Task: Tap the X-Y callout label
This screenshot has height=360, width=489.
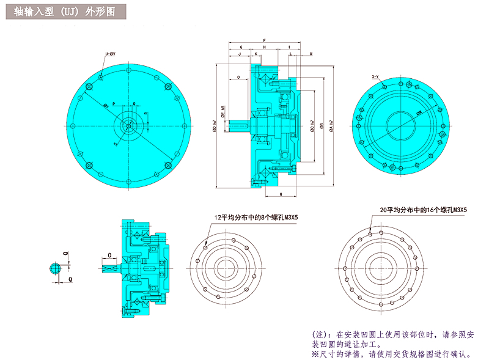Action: (x=375, y=76)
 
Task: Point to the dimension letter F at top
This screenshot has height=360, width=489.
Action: (x=264, y=39)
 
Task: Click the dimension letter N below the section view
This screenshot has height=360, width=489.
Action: (x=281, y=194)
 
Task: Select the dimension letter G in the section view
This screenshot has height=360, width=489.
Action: (x=241, y=47)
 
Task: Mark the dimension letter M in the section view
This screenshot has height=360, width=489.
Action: (x=311, y=54)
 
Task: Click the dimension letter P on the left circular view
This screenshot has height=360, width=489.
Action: (x=114, y=104)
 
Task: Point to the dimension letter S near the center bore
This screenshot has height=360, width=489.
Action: (x=114, y=144)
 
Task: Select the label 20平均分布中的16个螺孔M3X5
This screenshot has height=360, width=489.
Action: (x=422, y=210)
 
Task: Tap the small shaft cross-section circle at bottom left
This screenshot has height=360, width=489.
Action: (x=56, y=268)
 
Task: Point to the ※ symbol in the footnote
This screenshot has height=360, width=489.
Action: (x=315, y=354)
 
